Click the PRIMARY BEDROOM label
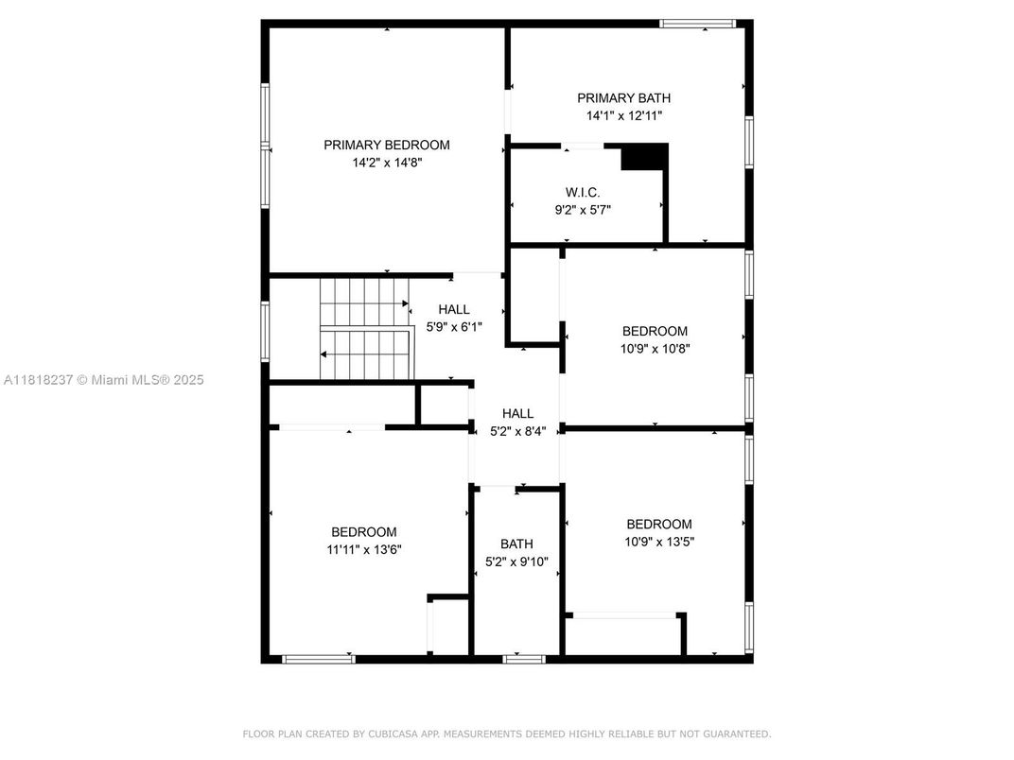point(386,145)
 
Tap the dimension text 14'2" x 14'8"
point(386,163)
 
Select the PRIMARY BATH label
point(623,97)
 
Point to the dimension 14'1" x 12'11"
point(623,115)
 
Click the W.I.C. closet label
point(583,192)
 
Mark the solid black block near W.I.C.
point(644,156)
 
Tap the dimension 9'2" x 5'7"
point(583,210)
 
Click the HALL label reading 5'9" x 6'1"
point(454,309)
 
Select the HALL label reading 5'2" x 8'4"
point(517,413)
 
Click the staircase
point(364,328)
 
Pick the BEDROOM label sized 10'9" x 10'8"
point(655,331)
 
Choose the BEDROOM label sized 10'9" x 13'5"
point(658,524)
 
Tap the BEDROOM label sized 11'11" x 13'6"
point(363,531)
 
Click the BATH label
point(516,544)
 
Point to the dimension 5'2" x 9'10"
point(516,561)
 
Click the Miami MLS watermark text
point(103,380)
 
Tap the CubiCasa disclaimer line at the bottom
point(507,734)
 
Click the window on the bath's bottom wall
point(524,659)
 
